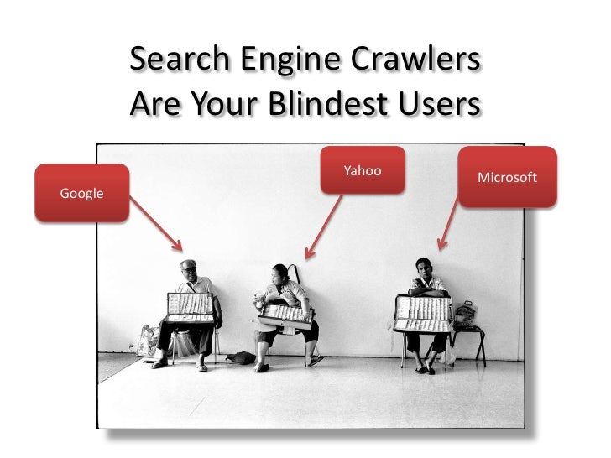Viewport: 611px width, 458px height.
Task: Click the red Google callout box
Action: click(x=81, y=193)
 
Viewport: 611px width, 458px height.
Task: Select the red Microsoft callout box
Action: click(x=507, y=177)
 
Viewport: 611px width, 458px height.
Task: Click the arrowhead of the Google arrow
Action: click(x=178, y=247)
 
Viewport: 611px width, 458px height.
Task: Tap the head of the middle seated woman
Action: click(x=279, y=274)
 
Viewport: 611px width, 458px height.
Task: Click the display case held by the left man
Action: click(x=191, y=307)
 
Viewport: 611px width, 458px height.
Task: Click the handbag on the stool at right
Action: click(x=465, y=314)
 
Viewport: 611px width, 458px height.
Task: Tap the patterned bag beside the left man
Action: click(x=149, y=340)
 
